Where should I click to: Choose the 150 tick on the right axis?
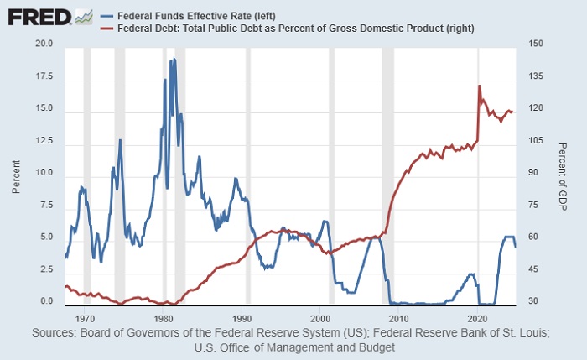tap(531, 44)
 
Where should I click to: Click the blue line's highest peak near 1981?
tap(174, 59)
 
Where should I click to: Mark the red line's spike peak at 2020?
tap(479, 86)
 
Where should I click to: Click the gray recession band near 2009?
tap(387, 176)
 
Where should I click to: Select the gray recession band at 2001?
tap(332, 176)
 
